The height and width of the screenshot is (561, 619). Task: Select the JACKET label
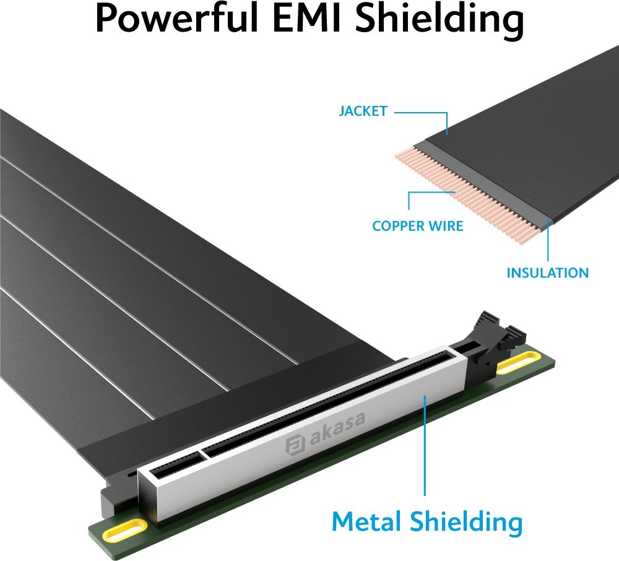pos(363,111)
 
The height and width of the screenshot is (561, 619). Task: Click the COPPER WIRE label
pos(418,226)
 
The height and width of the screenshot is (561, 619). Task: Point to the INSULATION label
pos(548,273)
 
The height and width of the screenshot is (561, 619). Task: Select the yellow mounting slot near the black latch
pos(518,363)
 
